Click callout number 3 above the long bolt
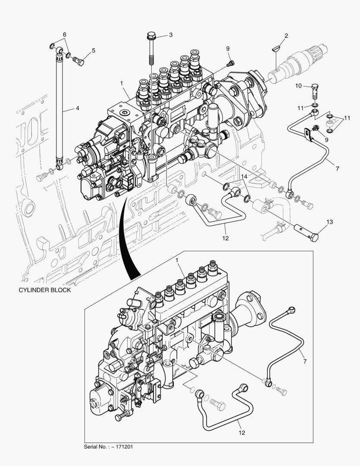pos(170,35)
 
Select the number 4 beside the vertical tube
pos(77,108)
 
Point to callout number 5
pos(93,50)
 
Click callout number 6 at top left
pos(65,34)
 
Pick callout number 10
pos(298,86)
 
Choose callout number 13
pos(329,222)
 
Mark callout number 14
pos(244,177)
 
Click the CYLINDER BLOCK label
pos(44,290)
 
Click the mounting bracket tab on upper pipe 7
pos(307,134)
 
